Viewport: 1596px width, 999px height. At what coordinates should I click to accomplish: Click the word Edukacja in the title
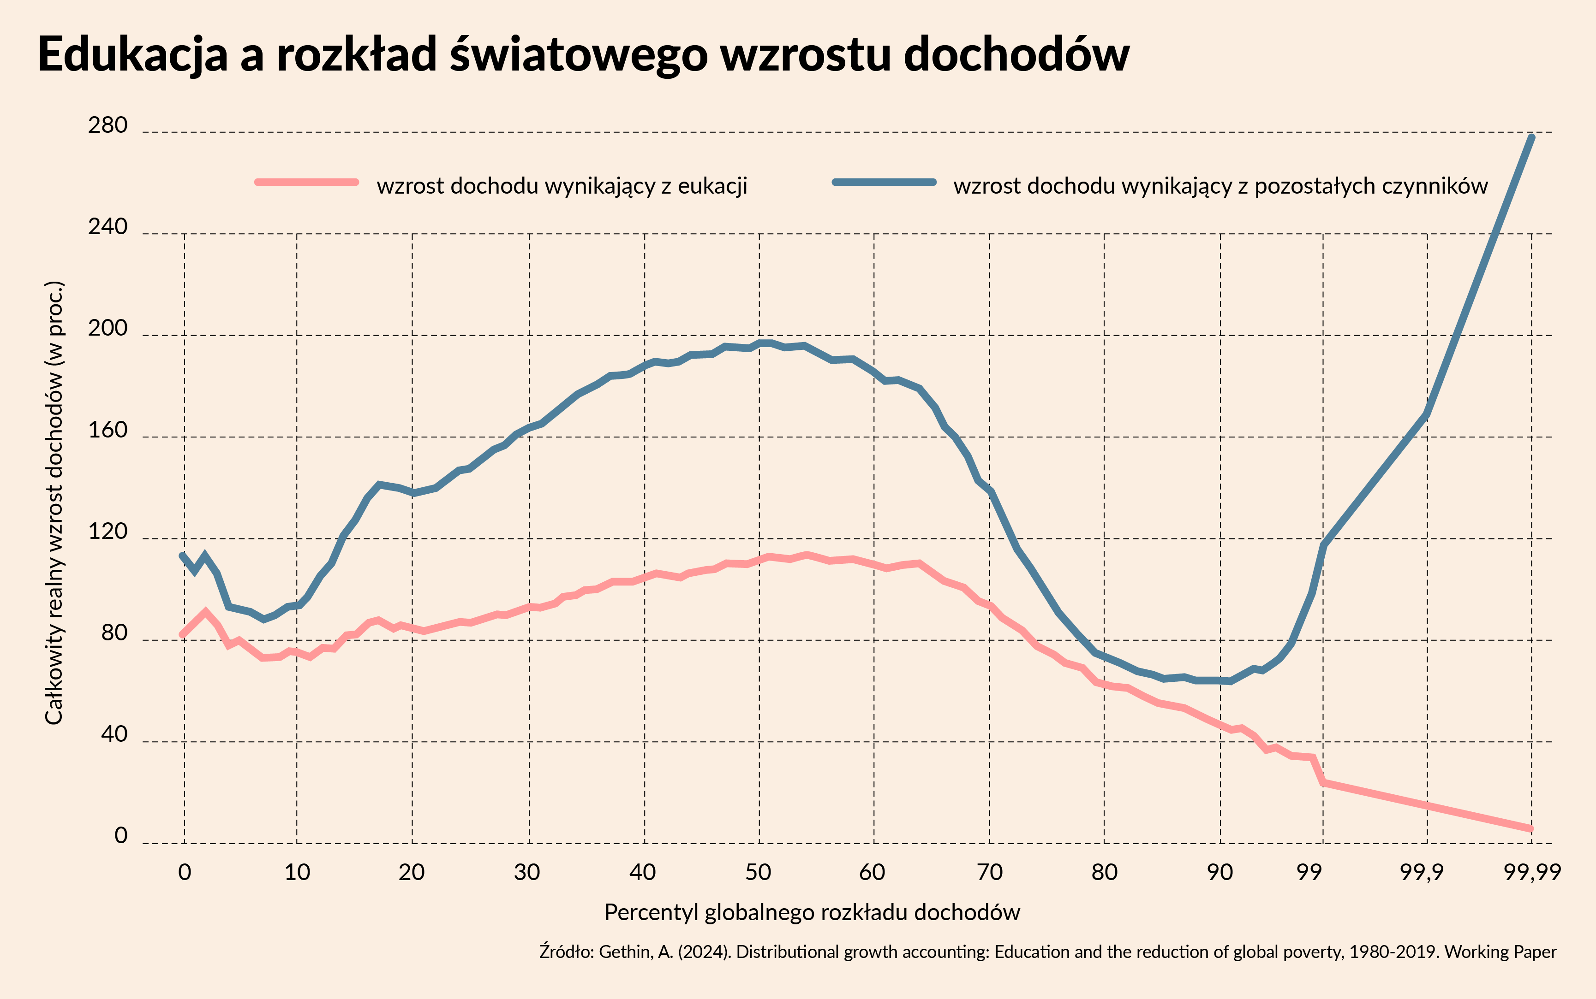pos(133,54)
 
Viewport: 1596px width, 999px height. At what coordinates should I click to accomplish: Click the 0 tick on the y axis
pos(120,836)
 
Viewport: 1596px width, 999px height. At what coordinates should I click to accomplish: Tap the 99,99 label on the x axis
pos(1531,872)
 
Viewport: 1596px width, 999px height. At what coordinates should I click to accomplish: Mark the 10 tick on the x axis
pos(297,872)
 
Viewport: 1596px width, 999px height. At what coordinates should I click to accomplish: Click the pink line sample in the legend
pos(307,182)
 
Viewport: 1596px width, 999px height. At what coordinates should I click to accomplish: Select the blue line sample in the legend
pos(884,182)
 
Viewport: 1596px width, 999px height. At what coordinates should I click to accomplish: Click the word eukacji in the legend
pos(713,186)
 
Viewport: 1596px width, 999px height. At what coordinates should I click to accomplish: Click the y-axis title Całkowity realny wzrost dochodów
pos(54,502)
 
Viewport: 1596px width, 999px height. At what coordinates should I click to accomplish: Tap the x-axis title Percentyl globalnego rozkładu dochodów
pos(812,912)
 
